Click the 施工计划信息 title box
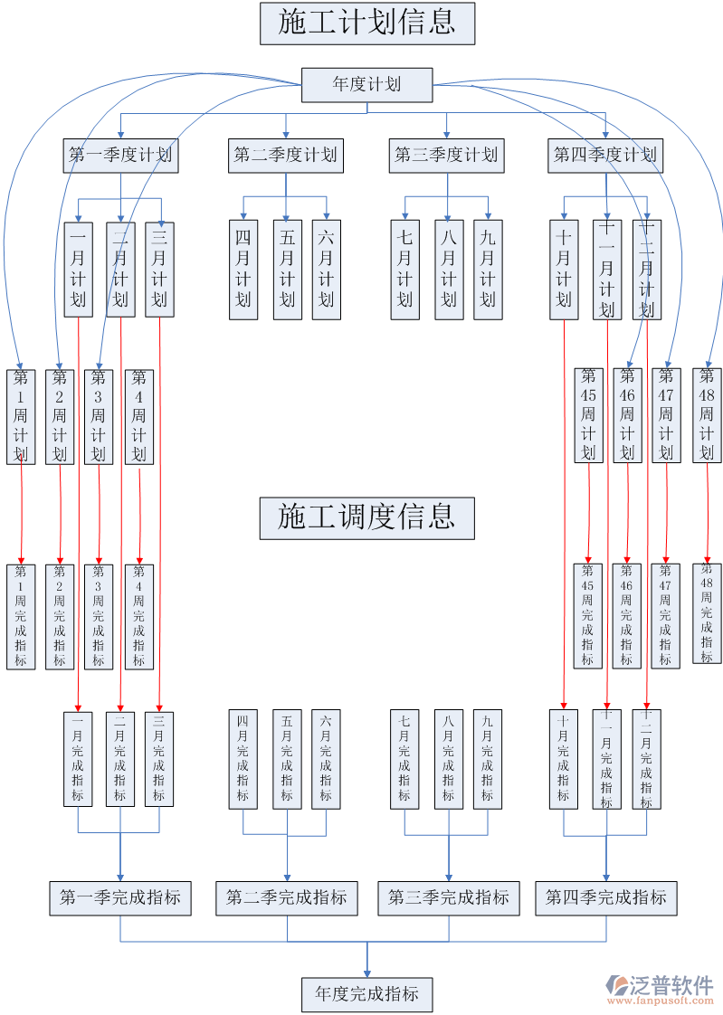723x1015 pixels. (366, 24)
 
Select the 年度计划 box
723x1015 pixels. (366, 85)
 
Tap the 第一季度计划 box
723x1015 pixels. (120, 156)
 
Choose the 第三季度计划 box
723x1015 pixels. (446, 156)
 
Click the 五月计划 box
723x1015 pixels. (287, 270)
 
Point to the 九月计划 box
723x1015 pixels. (488, 270)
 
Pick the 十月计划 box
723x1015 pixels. (564, 270)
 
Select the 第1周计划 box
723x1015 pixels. (21, 416)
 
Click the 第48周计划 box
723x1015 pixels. (707, 416)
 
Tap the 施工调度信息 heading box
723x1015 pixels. (366, 517)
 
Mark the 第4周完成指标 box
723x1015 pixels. (138, 616)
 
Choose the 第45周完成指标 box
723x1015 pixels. (588, 616)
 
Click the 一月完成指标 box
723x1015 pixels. (78, 758)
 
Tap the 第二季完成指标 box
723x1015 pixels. (286, 898)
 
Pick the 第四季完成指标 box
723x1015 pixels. (605, 898)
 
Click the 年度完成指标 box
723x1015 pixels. (366, 994)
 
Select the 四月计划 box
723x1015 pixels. (243, 270)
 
